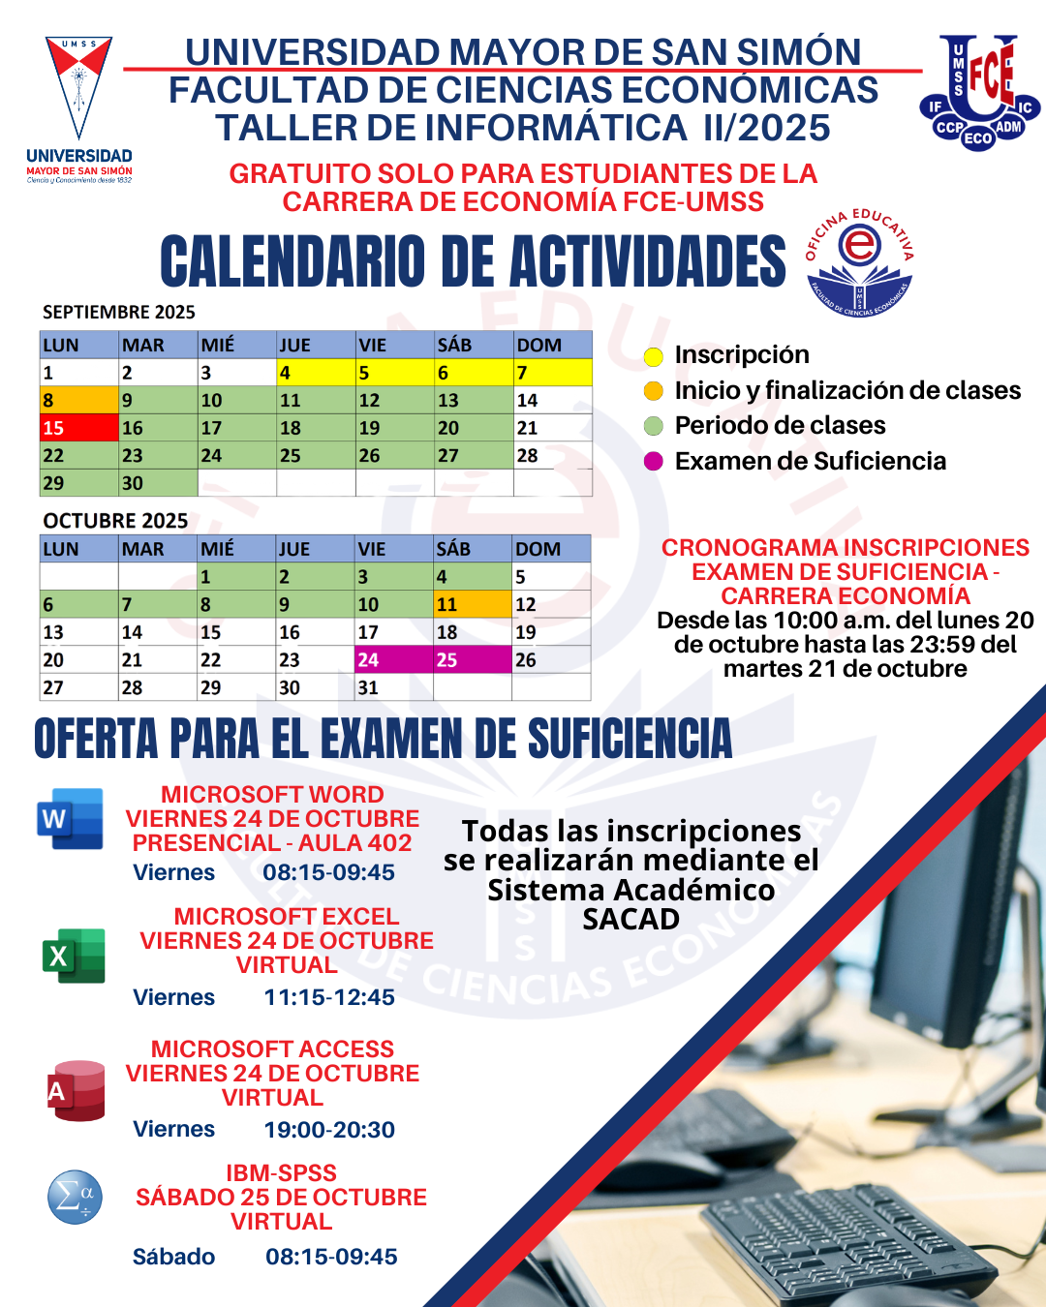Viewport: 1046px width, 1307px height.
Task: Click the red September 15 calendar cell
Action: coord(78,427)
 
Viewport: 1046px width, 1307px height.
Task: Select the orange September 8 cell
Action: coord(78,400)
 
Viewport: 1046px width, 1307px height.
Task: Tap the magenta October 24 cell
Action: coord(393,659)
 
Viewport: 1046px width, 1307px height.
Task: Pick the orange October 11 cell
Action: coord(472,604)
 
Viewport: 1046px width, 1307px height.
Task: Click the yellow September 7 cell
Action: coord(552,372)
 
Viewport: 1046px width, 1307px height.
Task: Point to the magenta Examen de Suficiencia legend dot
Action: coord(654,462)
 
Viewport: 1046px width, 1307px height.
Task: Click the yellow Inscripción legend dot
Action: coord(654,356)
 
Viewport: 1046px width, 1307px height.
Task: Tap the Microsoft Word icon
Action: coord(70,819)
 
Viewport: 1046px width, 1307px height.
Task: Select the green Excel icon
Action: coord(74,956)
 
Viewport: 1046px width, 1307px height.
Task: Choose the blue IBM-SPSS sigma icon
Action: coord(75,1198)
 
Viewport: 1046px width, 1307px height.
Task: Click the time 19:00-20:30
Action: coord(329,1130)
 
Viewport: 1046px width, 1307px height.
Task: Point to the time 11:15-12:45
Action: coord(329,997)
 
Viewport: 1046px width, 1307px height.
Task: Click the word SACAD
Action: coord(631,919)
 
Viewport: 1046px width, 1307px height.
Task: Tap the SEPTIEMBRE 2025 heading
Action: coord(119,312)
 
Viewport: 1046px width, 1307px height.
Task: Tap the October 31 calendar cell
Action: coord(393,687)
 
